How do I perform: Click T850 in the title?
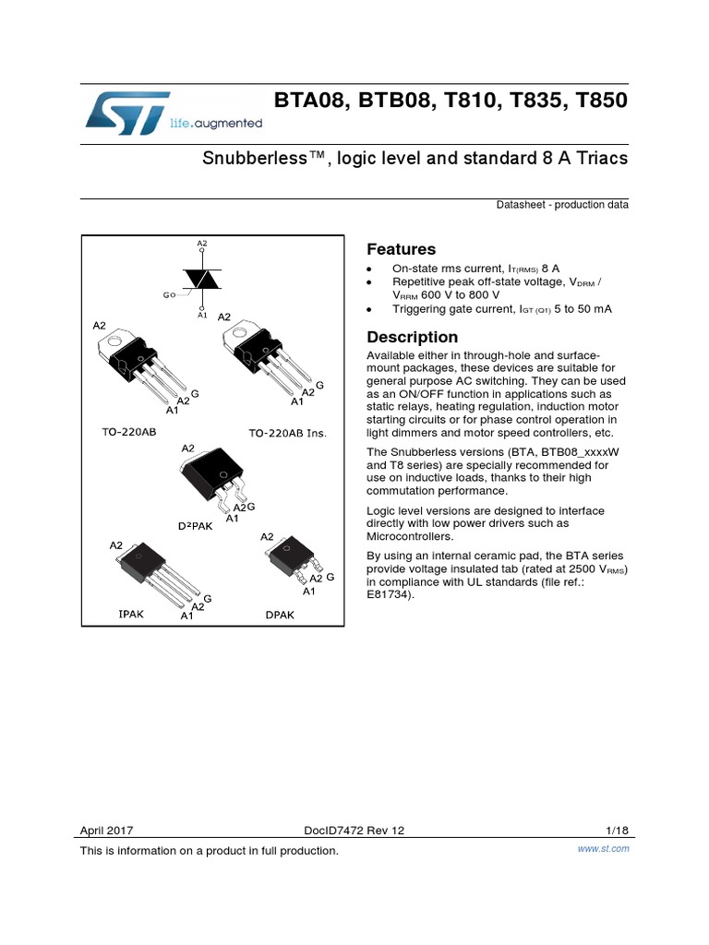(600, 101)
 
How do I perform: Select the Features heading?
(402, 250)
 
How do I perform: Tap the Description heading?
(413, 338)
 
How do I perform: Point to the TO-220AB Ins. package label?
(288, 433)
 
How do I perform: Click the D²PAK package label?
(196, 525)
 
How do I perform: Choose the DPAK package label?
(279, 614)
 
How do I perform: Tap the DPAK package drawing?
(291, 559)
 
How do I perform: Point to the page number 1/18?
(617, 830)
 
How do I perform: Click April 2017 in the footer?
(107, 831)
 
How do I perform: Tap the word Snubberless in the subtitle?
(258, 158)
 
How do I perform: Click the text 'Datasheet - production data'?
(562, 205)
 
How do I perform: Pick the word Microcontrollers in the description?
(410, 536)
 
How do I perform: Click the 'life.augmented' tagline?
(216, 123)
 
